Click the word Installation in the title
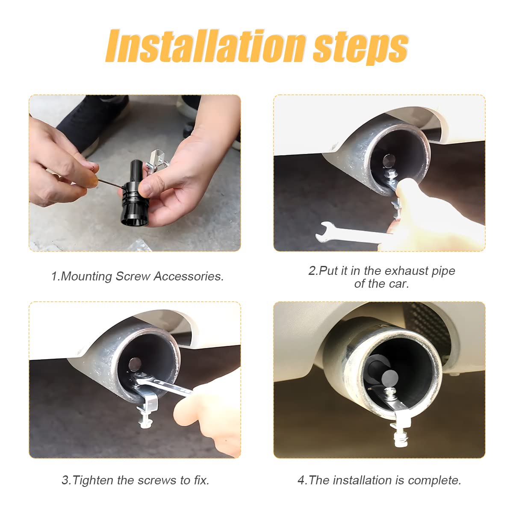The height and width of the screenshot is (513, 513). [205, 46]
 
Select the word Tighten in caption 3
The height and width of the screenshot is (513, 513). [93, 480]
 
